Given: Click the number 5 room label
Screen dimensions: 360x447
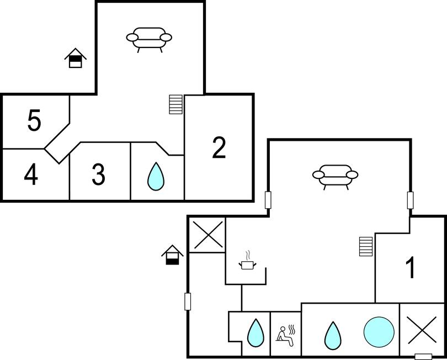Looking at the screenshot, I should click(x=34, y=121).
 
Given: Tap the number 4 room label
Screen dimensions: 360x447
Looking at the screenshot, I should click(x=31, y=175).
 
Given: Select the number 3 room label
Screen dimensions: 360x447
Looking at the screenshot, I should click(x=98, y=174).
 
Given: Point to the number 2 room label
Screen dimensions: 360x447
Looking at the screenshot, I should click(x=219, y=148).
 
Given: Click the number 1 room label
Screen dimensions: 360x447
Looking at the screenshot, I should click(x=410, y=268).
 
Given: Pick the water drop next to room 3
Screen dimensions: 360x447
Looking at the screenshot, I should click(x=157, y=176).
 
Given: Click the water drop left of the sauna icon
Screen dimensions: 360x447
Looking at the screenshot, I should click(x=255, y=333).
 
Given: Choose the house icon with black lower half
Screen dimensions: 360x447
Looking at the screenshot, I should click(x=172, y=255).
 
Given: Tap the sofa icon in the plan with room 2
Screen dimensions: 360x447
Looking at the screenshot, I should click(x=149, y=39).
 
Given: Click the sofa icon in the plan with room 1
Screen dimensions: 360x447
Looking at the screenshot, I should click(x=336, y=176).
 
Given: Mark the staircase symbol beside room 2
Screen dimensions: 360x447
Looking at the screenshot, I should click(x=175, y=104).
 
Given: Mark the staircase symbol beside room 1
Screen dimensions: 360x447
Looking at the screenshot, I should click(x=365, y=246).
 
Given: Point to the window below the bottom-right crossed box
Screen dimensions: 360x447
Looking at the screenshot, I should click(x=423, y=356).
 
